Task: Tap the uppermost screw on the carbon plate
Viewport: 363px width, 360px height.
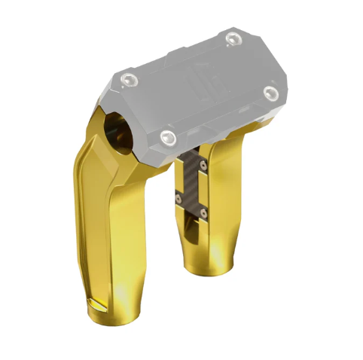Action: point(201,161)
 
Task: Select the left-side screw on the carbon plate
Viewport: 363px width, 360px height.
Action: point(178,197)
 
